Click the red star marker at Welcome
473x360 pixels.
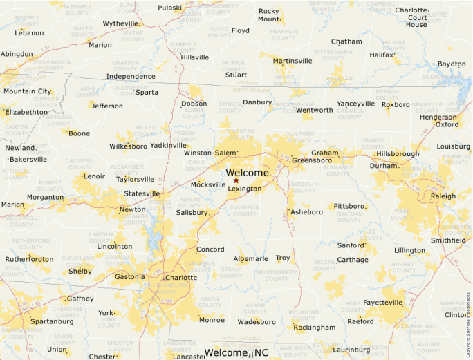pyautogui.click(x=236, y=180)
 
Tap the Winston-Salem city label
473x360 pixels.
pyautogui.click(x=210, y=153)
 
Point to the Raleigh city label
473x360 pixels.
pyautogui.click(x=443, y=196)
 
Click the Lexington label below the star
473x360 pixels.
pyautogui.click(x=245, y=189)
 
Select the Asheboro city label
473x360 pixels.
pyautogui.click(x=307, y=212)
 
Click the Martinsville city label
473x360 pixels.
pyautogui.click(x=293, y=61)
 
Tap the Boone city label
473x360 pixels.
pyautogui.click(x=79, y=133)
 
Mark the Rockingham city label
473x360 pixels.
pyautogui.click(x=315, y=328)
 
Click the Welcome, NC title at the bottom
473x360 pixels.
pyautogui.click(x=236, y=353)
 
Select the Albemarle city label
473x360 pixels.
pyautogui.click(x=250, y=258)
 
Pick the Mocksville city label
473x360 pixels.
pyautogui.click(x=208, y=184)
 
